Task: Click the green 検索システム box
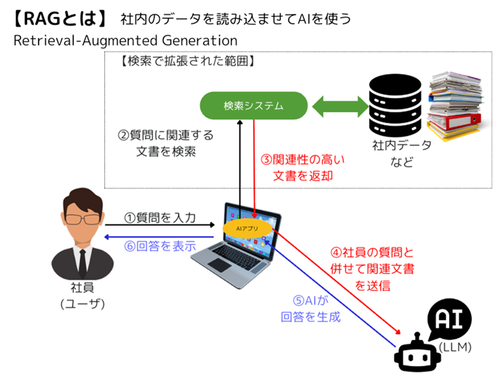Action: pos(253,105)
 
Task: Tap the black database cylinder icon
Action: pos(395,105)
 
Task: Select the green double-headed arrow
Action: pos(337,105)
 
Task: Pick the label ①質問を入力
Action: pos(160,218)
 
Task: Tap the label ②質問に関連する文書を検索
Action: pos(165,144)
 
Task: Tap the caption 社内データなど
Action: pos(396,154)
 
